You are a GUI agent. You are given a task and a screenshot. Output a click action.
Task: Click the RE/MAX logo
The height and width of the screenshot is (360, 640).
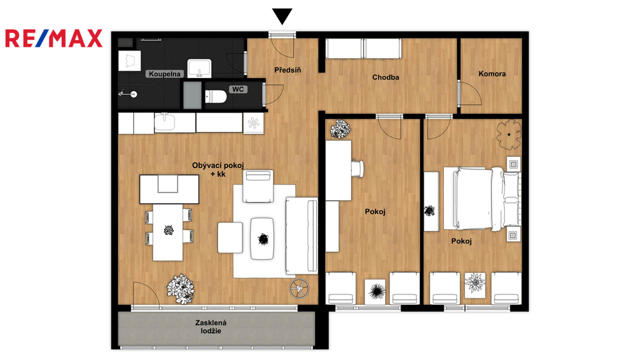point(54,38)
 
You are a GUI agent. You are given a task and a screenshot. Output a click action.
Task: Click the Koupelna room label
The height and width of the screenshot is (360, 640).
point(164,74)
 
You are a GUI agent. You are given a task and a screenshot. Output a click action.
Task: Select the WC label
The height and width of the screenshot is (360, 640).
point(238,89)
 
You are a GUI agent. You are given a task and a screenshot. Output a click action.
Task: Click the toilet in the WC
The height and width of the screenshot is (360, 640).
point(216,97)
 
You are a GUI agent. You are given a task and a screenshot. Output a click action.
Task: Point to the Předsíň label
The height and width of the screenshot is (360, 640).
point(287,70)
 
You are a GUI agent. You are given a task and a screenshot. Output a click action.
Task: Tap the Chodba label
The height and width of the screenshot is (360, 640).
point(386,77)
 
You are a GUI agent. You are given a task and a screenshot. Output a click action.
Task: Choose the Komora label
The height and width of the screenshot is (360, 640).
point(492,74)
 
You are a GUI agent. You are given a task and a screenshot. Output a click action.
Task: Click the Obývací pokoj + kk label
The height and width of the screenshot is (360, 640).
point(218,170)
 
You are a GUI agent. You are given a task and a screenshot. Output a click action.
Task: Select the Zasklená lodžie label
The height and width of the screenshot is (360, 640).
point(211,326)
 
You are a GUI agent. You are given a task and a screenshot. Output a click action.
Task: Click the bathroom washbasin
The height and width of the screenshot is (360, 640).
point(199,68)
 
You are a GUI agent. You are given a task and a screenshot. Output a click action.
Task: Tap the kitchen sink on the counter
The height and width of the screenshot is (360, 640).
point(165,122)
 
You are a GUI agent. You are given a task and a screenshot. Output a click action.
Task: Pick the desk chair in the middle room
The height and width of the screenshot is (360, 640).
point(357,169)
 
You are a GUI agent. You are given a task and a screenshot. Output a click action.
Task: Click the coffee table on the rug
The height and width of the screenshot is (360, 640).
point(262,239)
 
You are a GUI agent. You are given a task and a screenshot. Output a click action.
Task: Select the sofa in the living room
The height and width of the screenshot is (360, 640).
point(302,236)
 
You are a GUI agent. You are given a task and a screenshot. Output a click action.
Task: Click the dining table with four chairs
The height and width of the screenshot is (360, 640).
point(168,232)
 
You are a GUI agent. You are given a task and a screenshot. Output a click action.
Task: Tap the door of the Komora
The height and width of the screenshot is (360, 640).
point(469,94)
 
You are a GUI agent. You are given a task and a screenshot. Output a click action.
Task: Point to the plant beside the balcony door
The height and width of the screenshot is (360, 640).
point(181,289)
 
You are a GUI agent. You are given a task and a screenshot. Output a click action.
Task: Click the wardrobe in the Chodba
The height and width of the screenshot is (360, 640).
point(364,49)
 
